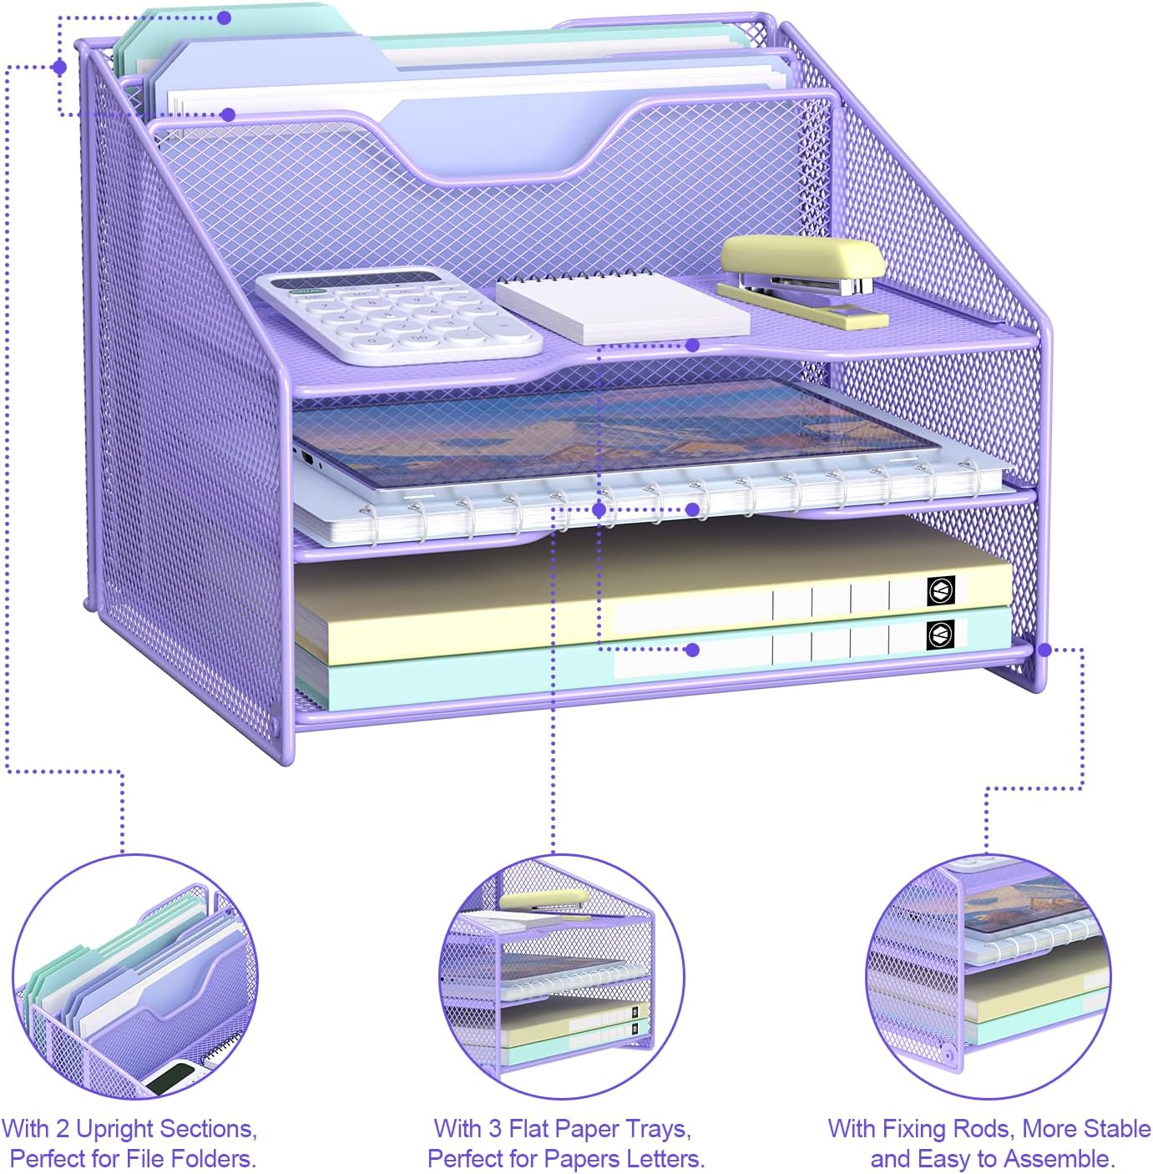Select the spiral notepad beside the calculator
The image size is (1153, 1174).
(x=622, y=306)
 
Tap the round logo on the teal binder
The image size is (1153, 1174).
(x=940, y=635)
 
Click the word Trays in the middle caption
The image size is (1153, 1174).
(x=655, y=1129)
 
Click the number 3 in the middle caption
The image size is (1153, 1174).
(x=494, y=1129)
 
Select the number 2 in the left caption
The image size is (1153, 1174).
(x=63, y=1129)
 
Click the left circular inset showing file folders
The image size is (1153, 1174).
(x=135, y=977)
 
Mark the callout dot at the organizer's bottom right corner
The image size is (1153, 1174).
(x=1044, y=649)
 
